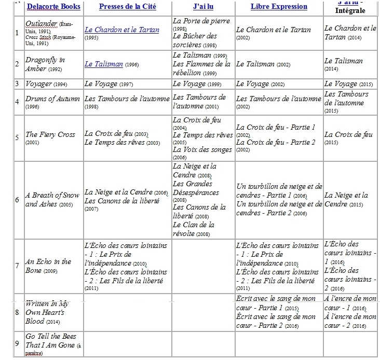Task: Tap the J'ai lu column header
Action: pyautogui.click(x=203, y=7)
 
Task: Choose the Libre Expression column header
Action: pyautogui.click(x=279, y=7)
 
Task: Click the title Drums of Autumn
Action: pyautogui.click(x=52, y=99)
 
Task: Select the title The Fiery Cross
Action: pyautogui.click(x=50, y=135)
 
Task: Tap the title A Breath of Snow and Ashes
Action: pyautogui.click(x=52, y=200)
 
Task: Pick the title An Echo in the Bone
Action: pyautogui.click(x=48, y=266)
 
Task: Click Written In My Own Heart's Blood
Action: pyautogui.click(x=47, y=313)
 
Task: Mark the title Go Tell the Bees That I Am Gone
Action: pyautogui.click(x=50, y=341)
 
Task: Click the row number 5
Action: pyautogui.click(x=18, y=138)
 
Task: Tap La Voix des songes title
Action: pyautogui.click(x=201, y=150)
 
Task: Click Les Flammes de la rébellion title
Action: pyautogui.click(x=202, y=64)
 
